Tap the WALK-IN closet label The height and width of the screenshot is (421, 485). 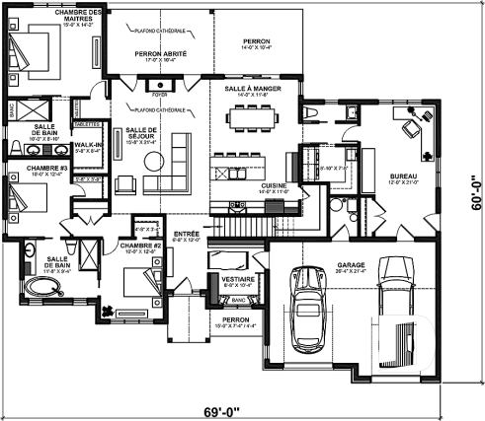[x=86, y=145]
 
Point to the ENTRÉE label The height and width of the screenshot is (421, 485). [x=187, y=233]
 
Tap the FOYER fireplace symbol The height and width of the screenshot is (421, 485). [x=160, y=97]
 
